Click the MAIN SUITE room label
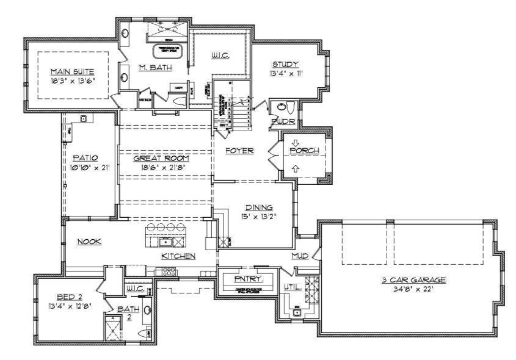(73, 71)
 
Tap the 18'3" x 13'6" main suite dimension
(73, 80)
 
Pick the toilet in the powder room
(285, 107)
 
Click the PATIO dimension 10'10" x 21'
(90, 167)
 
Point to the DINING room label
(259, 207)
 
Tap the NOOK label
(89, 242)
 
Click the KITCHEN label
(178, 256)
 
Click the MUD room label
(300, 256)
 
